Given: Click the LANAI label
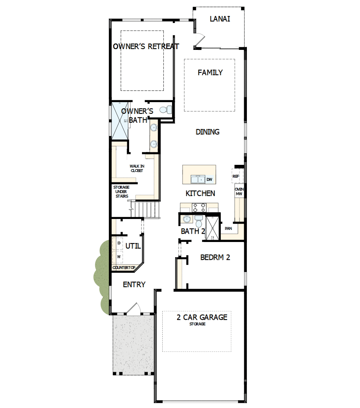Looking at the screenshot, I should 220,19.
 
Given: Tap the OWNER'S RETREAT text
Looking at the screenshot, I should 146,46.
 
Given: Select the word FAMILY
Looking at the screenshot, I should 210,72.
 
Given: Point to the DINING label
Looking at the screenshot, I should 207,132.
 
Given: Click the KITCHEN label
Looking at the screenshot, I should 200,193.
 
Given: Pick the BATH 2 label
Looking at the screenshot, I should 193,231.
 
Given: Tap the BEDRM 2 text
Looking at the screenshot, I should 215,257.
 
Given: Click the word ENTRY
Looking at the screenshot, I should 134,285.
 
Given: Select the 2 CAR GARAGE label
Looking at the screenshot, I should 202,317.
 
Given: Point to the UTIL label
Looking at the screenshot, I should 133,246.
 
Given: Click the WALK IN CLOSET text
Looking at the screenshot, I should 137,168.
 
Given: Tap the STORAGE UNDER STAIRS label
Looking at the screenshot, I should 121,192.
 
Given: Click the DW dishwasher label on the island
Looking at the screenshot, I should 209,180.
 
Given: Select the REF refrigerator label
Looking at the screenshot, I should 236,176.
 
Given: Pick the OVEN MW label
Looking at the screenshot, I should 239,191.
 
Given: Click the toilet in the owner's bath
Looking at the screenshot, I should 167,110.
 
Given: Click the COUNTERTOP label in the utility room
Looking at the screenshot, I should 124,268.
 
